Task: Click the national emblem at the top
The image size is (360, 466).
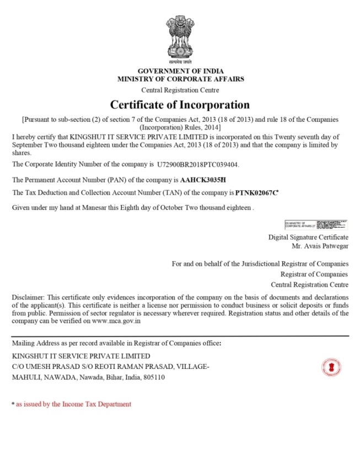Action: click(180, 39)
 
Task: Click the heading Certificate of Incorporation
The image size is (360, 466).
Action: click(180, 105)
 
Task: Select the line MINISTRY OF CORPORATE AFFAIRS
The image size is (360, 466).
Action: click(180, 79)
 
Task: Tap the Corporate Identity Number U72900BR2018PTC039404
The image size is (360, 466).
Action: click(198, 164)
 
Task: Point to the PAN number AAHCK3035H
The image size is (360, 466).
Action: click(203, 180)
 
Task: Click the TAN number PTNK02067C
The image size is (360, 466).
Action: click(256, 193)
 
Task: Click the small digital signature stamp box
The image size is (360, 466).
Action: click(316, 224)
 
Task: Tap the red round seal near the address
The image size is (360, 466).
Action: click(331, 367)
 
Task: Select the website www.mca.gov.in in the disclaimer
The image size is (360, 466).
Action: click(116, 320)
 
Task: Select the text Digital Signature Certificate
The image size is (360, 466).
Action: click(308, 237)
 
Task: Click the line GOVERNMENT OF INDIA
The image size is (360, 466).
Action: click(180, 72)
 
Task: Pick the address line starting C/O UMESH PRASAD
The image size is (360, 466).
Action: click(110, 367)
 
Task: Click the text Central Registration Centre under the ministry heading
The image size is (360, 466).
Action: click(180, 90)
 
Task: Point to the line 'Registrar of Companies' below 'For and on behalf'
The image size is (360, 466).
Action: click(314, 274)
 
